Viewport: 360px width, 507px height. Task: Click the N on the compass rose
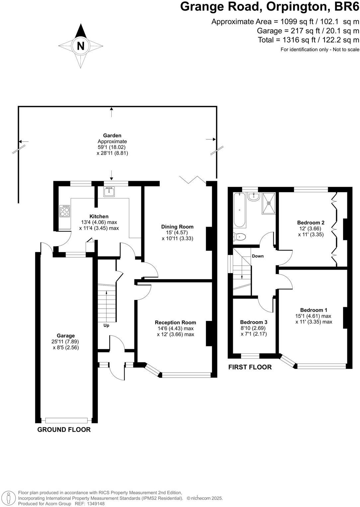81,46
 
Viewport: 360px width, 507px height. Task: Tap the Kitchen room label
99,216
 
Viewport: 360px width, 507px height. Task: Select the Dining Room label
177,227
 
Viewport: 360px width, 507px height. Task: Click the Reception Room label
175,322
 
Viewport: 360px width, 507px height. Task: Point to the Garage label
66,335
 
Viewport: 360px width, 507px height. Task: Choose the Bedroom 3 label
254,322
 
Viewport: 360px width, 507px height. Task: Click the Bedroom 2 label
311,222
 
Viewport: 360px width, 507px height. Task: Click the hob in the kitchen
65,211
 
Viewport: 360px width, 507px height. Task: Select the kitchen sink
109,192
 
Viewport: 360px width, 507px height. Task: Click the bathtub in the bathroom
239,210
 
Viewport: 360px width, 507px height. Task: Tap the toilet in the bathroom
240,237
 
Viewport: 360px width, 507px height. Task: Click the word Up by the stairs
106,326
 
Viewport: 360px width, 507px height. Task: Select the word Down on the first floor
258,256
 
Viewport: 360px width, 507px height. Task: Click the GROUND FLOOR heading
64,430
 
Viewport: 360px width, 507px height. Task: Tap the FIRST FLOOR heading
250,367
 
